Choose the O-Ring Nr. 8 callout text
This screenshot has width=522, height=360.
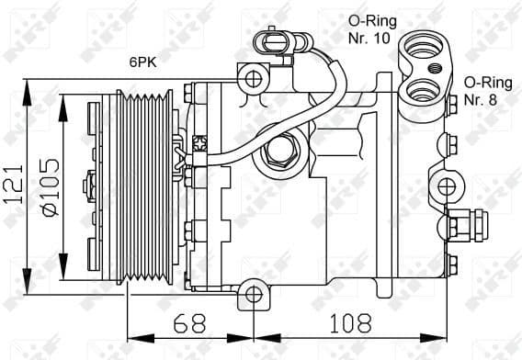[486, 91]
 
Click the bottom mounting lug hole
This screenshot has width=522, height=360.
[252, 294]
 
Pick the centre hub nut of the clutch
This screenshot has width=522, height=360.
[89, 184]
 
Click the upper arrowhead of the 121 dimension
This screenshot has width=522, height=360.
[30, 85]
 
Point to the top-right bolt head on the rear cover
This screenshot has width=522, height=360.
[450, 104]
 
